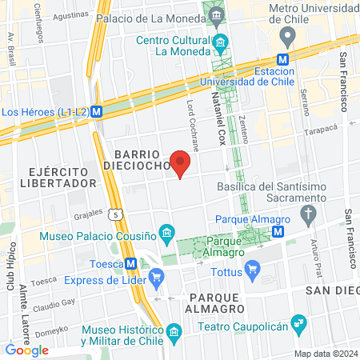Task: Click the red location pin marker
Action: [181, 162]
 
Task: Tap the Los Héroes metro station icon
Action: [97, 112]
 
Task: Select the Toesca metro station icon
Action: [130, 265]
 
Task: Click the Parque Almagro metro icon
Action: [278, 230]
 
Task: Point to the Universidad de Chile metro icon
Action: [282, 59]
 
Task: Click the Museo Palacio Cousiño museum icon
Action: [166, 234]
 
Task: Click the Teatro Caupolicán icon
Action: [299, 323]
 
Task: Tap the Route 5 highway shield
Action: [118, 214]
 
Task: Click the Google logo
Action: [26, 350]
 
